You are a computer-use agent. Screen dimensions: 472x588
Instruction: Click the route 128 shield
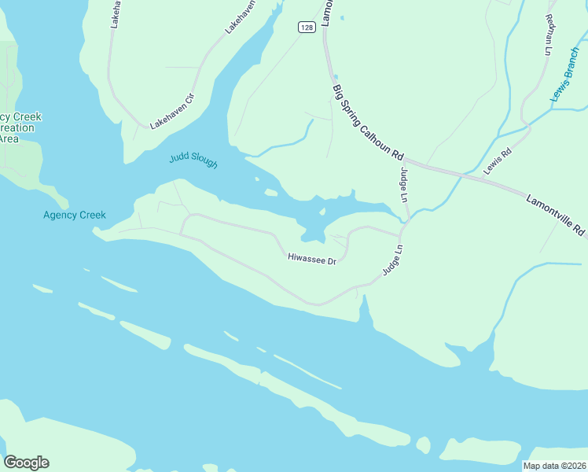307,28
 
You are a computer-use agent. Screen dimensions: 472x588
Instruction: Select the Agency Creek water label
75,215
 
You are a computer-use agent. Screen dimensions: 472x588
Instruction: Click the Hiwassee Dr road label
312,258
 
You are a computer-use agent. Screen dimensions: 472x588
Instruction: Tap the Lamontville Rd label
555,214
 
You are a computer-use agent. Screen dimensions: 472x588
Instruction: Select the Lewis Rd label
497,160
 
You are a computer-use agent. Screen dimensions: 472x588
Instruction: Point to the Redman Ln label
548,34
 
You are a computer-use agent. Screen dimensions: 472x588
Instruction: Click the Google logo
26,463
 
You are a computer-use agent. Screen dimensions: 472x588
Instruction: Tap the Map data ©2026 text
555,466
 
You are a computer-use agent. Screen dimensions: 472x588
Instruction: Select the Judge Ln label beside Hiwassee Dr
392,260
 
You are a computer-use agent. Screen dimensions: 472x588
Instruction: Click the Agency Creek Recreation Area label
19,127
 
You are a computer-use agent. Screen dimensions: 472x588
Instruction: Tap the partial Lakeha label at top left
115,13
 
